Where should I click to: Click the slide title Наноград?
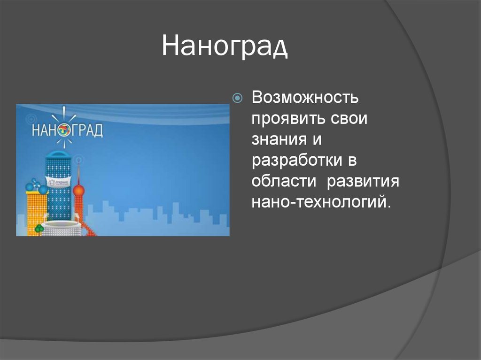(225, 47)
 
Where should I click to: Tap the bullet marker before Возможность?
(238, 98)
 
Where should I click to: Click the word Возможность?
(305, 98)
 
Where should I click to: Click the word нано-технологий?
(321, 202)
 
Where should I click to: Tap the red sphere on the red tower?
(79, 191)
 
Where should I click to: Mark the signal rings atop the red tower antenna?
(78, 160)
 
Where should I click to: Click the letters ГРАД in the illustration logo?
(87, 130)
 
